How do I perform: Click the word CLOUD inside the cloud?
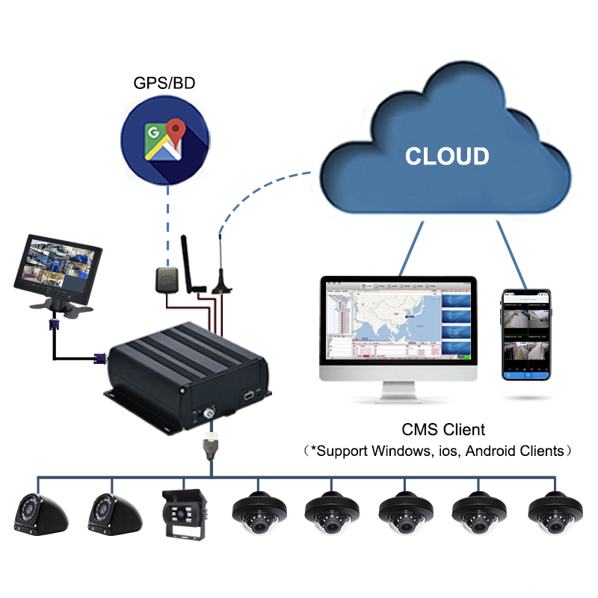click(x=447, y=156)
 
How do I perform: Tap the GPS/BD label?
click(x=164, y=83)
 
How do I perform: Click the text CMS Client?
click(x=443, y=430)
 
